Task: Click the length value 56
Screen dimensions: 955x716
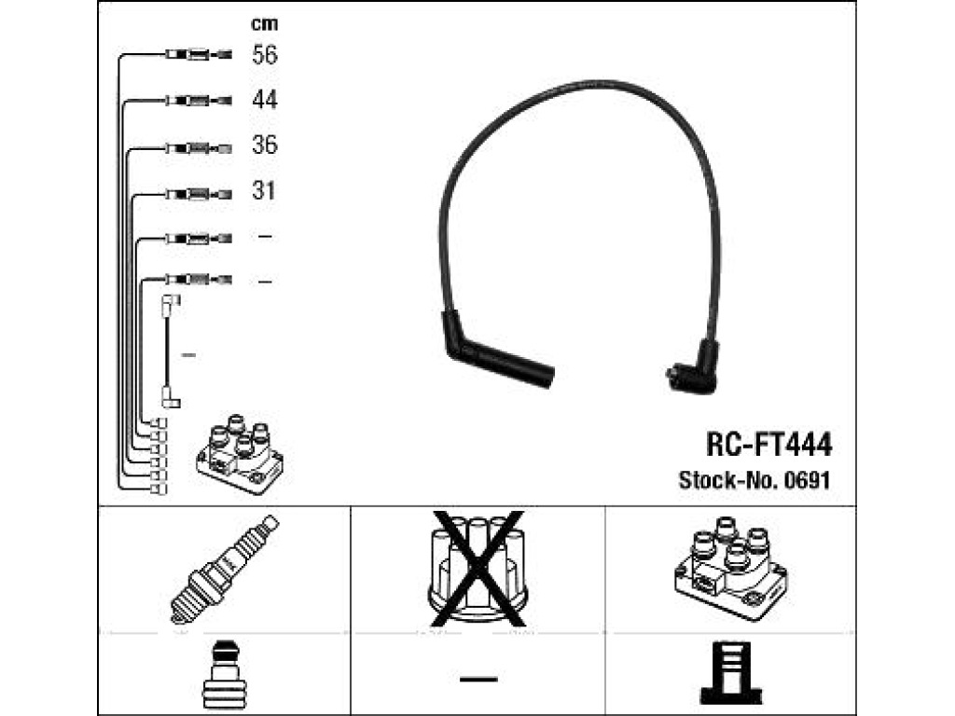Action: click(x=264, y=55)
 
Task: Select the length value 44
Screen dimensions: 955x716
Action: click(x=264, y=99)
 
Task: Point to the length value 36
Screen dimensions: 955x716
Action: click(x=264, y=145)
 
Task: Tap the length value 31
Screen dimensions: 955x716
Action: click(x=263, y=190)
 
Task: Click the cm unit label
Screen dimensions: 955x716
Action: click(x=264, y=23)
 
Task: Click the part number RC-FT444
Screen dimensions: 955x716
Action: click(x=768, y=445)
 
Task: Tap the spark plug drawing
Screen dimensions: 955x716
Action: click(x=224, y=570)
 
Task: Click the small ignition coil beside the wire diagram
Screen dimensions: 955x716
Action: click(x=240, y=455)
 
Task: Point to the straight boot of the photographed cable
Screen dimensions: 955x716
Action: click(x=496, y=351)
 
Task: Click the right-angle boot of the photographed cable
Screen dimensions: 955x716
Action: click(x=694, y=368)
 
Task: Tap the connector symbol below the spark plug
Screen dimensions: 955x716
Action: click(x=224, y=674)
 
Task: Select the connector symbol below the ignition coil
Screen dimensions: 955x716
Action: click(x=731, y=673)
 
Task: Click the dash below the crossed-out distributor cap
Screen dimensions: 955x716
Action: click(x=478, y=679)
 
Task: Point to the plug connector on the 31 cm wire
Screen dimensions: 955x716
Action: click(x=199, y=195)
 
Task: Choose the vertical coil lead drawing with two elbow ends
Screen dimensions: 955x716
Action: click(x=170, y=351)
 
